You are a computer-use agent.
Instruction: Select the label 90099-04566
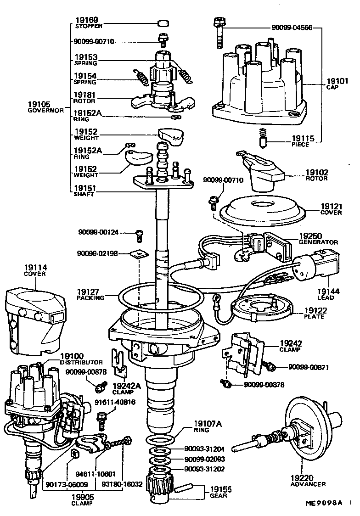[x=291, y=28]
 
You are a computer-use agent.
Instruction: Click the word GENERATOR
[x=318, y=242]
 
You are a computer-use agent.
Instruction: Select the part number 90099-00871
[x=308, y=367]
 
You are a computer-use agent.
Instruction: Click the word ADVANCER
[x=309, y=484]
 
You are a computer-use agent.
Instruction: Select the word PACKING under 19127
[x=90, y=297]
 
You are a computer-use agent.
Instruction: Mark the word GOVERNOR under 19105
[x=45, y=111]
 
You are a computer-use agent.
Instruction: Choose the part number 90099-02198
[x=98, y=253]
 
